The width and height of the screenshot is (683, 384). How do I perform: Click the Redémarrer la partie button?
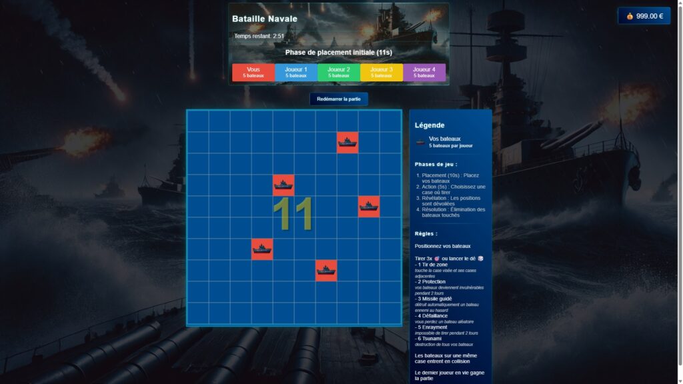pyautogui.click(x=338, y=99)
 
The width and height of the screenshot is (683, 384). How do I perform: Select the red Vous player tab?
pyautogui.click(x=253, y=72)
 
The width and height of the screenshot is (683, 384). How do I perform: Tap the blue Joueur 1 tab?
pyautogui.click(x=295, y=72)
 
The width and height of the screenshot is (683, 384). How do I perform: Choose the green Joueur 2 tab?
pyautogui.click(x=339, y=72)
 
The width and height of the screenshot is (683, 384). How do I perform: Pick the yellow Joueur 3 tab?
pyautogui.click(x=382, y=72)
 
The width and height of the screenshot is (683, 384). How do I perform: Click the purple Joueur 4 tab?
pyautogui.click(x=424, y=72)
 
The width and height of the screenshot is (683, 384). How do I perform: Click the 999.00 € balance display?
pyautogui.click(x=644, y=16)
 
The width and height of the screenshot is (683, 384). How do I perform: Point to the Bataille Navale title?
pyautogui.click(x=265, y=19)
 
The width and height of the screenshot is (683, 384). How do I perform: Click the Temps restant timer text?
pyautogui.click(x=259, y=36)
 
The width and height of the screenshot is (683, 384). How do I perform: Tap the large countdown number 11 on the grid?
pyautogui.click(x=293, y=215)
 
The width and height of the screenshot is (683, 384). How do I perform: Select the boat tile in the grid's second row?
pyautogui.click(x=348, y=142)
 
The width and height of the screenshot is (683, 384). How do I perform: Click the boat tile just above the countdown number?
pyautogui.click(x=283, y=185)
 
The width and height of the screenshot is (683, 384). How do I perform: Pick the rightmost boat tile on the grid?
pyautogui.click(x=369, y=207)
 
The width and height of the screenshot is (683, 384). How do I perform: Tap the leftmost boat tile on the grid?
pyautogui.click(x=262, y=249)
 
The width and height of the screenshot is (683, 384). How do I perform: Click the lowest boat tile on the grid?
pyautogui.click(x=326, y=271)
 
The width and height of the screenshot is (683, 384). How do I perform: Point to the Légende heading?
pyautogui.click(x=430, y=125)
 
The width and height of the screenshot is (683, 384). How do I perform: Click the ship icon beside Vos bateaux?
pyautogui.click(x=420, y=141)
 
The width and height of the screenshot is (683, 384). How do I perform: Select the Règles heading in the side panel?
pyautogui.click(x=426, y=234)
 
